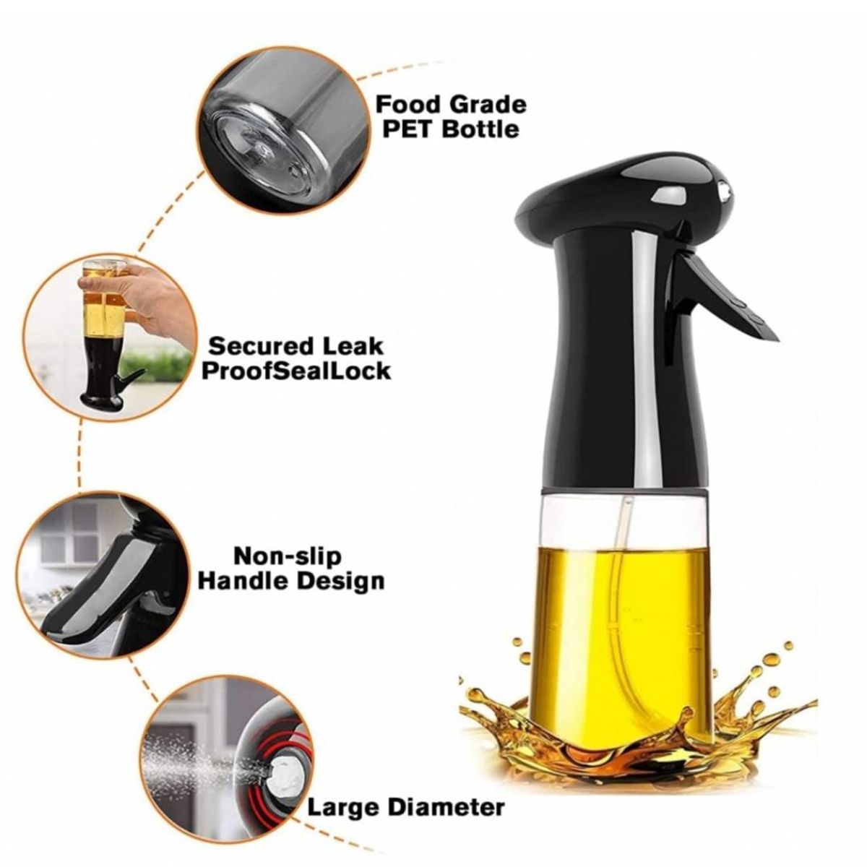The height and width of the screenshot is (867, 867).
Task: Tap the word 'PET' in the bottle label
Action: pos(405,130)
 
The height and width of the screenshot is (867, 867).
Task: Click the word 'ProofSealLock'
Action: pos(296,371)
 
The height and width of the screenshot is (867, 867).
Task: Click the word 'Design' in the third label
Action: pos(343,581)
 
